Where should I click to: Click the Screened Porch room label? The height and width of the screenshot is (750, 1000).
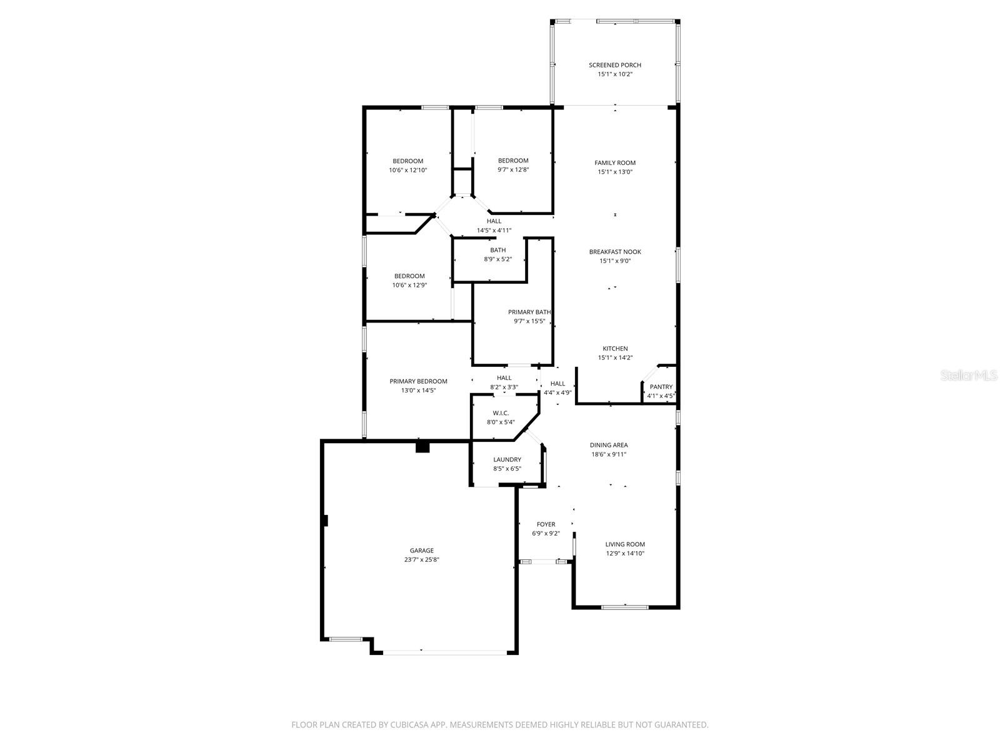[x=615, y=65]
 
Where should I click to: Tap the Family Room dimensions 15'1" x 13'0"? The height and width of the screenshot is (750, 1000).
[x=615, y=172]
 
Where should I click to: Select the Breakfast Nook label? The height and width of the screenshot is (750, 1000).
[x=615, y=252]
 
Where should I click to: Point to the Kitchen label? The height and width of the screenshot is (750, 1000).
[x=615, y=349]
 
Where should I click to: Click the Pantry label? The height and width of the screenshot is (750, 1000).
[x=661, y=387]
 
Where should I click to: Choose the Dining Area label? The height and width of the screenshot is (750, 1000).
[x=609, y=446]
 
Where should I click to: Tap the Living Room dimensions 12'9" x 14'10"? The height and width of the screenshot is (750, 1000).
[x=625, y=554]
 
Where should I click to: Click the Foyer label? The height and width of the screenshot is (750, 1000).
[x=546, y=524]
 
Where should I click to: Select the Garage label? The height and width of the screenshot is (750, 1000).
[x=422, y=551]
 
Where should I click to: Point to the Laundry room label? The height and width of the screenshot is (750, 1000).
[x=507, y=459]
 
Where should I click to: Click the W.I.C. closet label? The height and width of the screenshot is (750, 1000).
[x=501, y=413]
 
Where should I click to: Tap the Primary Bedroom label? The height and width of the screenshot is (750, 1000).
[x=418, y=381]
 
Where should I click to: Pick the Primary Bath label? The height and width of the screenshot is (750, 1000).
[x=529, y=312]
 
